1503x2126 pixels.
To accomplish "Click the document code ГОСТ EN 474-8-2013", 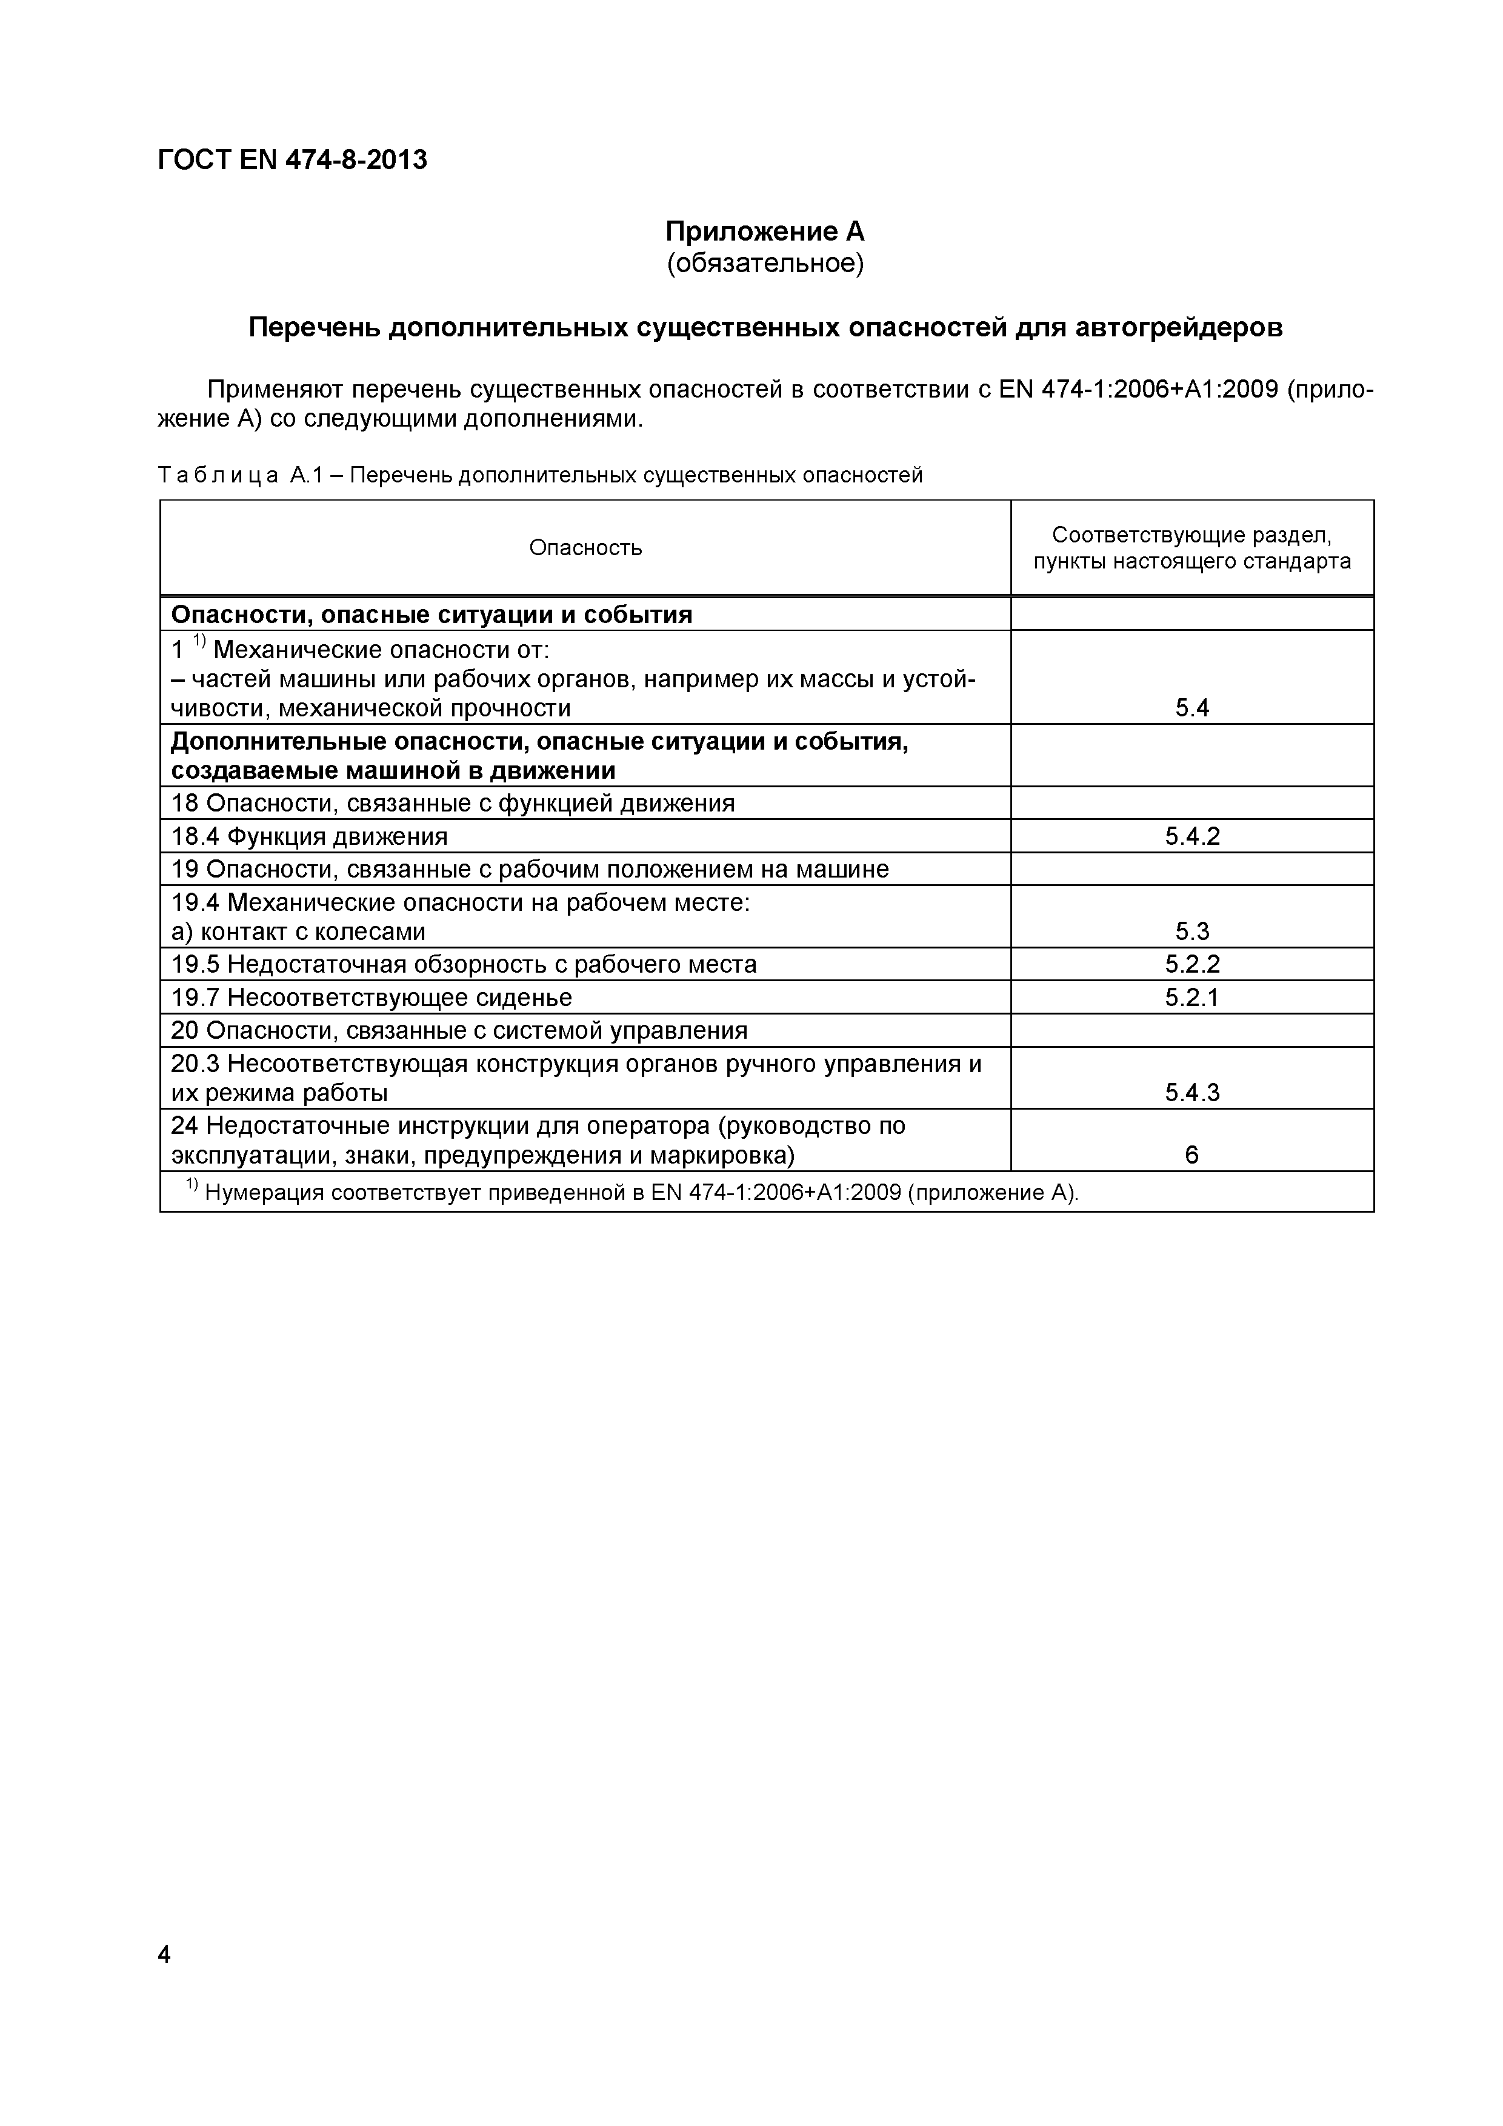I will click(293, 160).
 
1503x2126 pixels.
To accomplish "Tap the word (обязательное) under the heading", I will click(765, 264).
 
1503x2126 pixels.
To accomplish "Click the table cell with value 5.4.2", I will click(1192, 836).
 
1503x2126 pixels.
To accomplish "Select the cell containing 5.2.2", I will click(1192, 964).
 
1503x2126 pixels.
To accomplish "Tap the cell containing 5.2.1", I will click(1192, 998).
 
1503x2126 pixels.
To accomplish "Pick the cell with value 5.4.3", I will click(1192, 1093).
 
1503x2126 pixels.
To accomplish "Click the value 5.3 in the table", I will click(1192, 931).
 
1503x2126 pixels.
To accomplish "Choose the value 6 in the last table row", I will click(1192, 1155).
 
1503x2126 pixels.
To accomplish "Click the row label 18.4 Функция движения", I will click(309, 836).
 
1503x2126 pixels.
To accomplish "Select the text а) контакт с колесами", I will click(298, 931).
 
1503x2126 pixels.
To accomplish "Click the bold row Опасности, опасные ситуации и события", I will click(432, 615).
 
